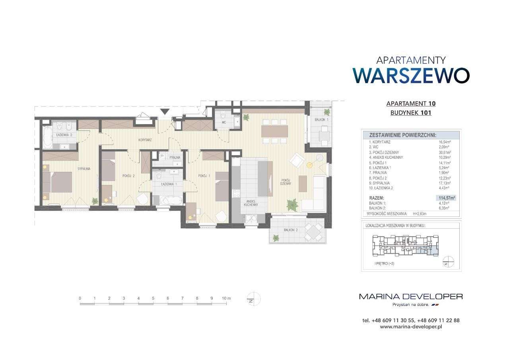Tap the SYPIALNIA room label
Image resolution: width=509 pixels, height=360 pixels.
click(84, 169)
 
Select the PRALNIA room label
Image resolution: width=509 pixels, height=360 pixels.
click(169, 158)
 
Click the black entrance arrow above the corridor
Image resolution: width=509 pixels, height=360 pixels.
click(165, 112)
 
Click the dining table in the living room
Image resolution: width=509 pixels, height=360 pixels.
click(274, 131)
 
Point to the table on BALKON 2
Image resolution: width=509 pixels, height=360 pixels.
click(315, 230)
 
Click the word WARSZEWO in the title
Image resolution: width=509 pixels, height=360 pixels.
click(412, 76)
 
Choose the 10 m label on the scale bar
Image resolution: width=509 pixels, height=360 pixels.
click(226, 298)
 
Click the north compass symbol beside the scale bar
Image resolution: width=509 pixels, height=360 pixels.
click(254, 298)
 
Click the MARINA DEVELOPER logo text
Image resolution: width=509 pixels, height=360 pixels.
click(411, 296)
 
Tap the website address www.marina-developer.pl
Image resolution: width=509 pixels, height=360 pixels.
click(411, 327)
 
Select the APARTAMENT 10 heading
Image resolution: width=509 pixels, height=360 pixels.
click(411, 104)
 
